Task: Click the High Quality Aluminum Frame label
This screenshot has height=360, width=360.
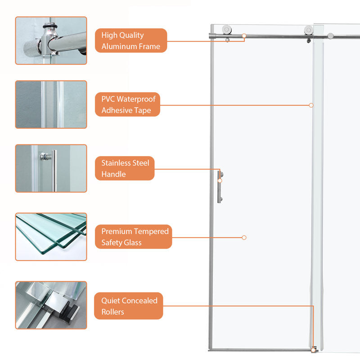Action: pyautogui.click(x=131, y=40)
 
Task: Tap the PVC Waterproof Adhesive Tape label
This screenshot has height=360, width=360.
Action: pyautogui.click(x=127, y=104)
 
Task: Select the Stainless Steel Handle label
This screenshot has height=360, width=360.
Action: pyautogui.click(x=125, y=168)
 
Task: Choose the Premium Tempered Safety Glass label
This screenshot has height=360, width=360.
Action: pyautogui.click(x=133, y=237)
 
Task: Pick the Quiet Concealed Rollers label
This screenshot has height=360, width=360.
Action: pyautogui.click(x=129, y=306)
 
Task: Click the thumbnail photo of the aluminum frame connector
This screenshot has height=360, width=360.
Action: pyautogui.click(x=51, y=40)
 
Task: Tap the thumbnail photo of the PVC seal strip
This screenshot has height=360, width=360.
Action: pyautogui.click(x=51, y=104)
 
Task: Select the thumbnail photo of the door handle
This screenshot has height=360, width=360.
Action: pyautogui.click(x=51, y=168)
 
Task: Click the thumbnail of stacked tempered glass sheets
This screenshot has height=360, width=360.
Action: pyautogui.click(x=51, y=237)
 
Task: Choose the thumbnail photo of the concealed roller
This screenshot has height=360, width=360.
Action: pyautogui.click(x=51, y=305)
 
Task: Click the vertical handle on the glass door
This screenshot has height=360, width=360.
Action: pyautogui.click(x=219, y=187)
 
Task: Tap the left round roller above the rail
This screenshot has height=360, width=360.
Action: pyautogui.click(x=227, y=30)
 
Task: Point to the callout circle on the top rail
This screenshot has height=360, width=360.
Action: pyautogui.click(x=244, y=36)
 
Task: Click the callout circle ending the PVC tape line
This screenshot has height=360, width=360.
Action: pyautogui.click(x=311, y=105)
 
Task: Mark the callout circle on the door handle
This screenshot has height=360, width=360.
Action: pyautogui.click(x=220, y=181)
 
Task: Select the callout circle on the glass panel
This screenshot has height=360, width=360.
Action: pyautogui.click(x=244, y=238)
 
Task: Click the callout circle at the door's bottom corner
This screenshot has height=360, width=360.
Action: pyautogui.click(x=313, y=351)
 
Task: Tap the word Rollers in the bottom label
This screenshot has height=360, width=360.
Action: pyautogui.click(x=113, y=312)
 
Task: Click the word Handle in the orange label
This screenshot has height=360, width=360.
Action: pyautogui.click(x=114, y=174)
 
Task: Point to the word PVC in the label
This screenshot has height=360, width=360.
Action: pyautogui.click(x=108, y=99)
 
